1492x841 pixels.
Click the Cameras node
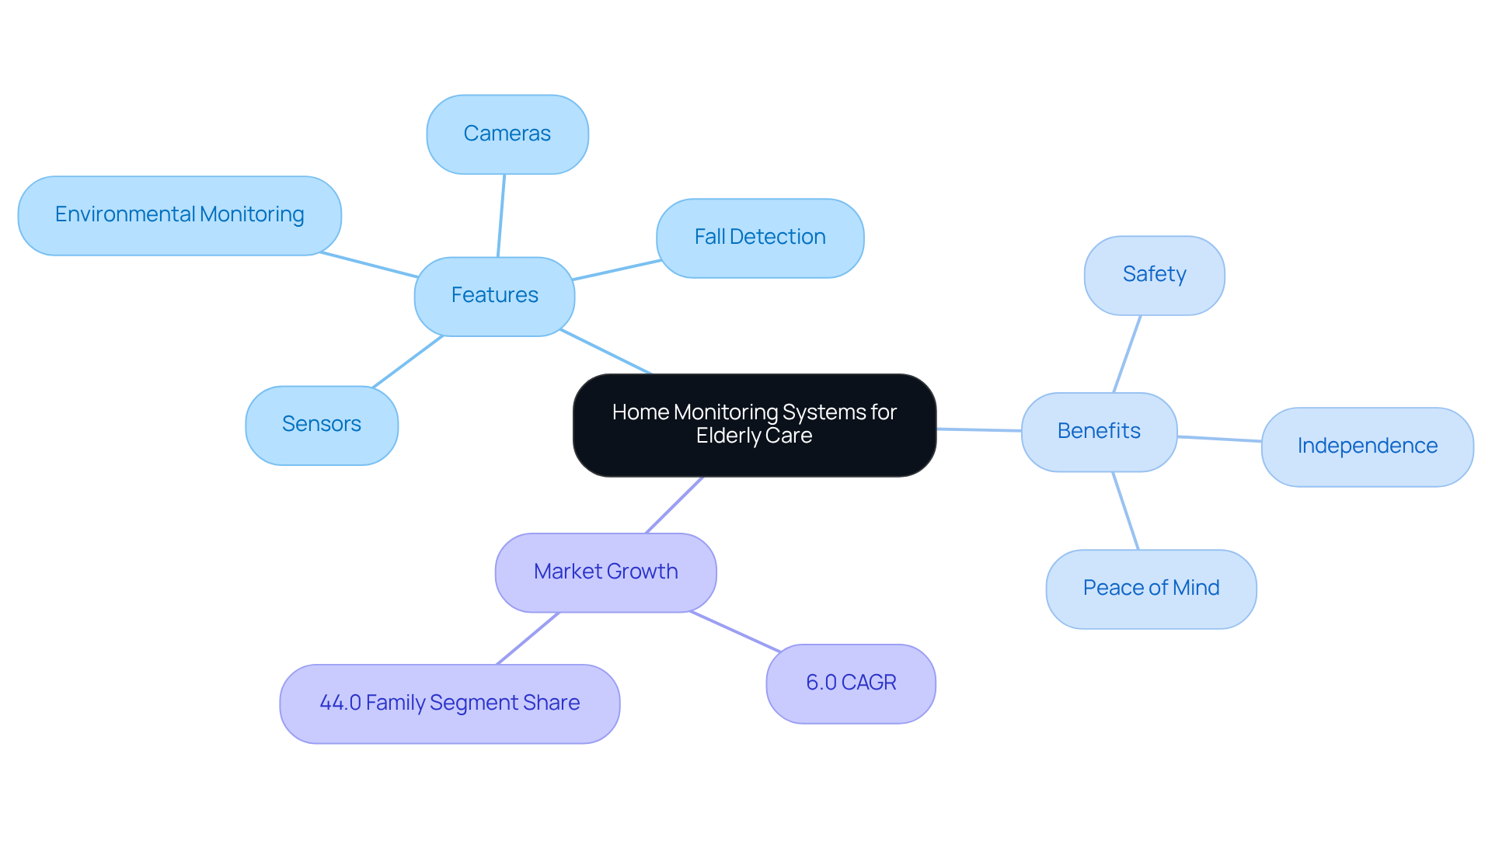pyautogui.click(x=507, y=134)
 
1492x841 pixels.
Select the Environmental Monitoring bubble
pyautogui.click(x=180, y=215)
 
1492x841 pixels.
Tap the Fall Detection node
pyautogui.click(x=760, y=238)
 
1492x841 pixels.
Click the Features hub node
pyautogui.click(x=494, y=296)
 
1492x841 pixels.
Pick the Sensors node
pyautogui.click(x=322, y=425)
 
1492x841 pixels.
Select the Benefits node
pyautogui.click(x=1099, y=432)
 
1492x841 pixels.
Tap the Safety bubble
pyautogui.click(x=1154, y=275)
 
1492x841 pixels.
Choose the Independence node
pyautogui.click(x=1367, y=447)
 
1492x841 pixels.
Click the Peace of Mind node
pyautogui.click(x=1151, y=589)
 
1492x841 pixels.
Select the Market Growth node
pyautogui.click(x=605, y=572)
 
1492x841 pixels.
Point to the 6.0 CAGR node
pyautogui.click(x=851, y=683)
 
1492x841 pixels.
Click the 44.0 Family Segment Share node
pyautogui.click(x=449, y=704)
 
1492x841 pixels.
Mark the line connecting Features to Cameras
pyautogui.click(x=501, y=215)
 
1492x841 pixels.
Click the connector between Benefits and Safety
pyautogui.click(x=1127, y=353)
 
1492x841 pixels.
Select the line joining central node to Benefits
pyautogui.click(x=979, y=429)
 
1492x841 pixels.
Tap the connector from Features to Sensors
pyautogui.click(x=408, y=361)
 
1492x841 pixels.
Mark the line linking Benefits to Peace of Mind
pyautogui.click(x=1125, y=510)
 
